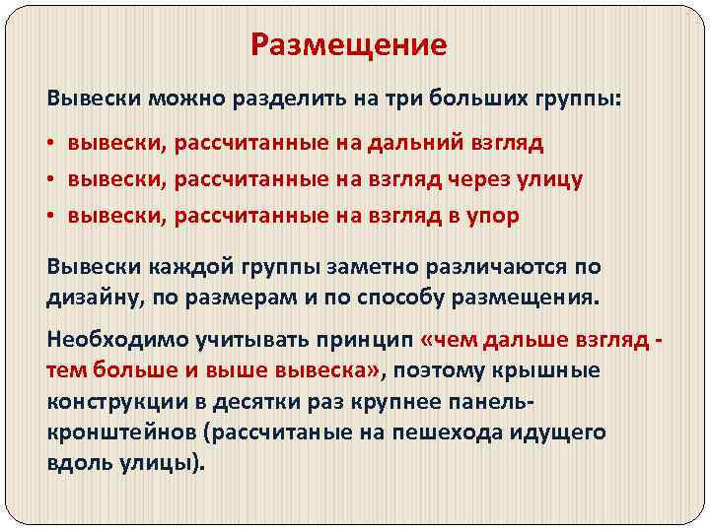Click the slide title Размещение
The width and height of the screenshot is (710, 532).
click(349, 45)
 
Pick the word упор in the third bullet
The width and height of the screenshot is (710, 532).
click(488, 216)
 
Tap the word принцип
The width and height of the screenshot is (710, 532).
click(365, 340)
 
